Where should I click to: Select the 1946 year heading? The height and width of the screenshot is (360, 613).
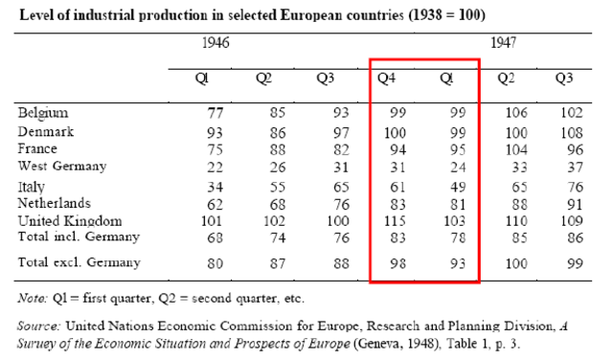click(x=216, y=43)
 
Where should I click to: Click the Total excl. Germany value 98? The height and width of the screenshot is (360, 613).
click(x=385, y=261)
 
